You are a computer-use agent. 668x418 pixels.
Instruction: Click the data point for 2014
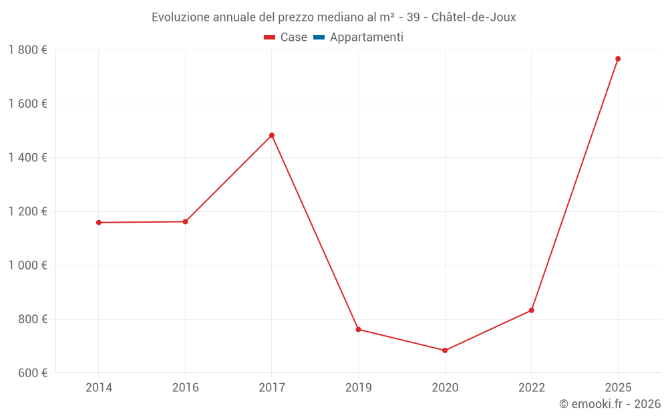[x=99, y=223]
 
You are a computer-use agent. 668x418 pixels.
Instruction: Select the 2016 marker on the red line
[x=185, y=221]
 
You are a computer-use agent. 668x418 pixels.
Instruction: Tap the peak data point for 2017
[x=272, y=135]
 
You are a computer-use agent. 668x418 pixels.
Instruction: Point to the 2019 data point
[x=358, y=329]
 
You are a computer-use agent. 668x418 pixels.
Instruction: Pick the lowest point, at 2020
[x=445, y=350]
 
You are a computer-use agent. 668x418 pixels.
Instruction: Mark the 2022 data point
[x=531, y=310]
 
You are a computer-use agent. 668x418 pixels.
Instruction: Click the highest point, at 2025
[x=618, y=59]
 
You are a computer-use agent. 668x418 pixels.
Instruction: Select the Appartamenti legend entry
[x=366, y=37]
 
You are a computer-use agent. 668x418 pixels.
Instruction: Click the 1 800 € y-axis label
[x=27, y=50]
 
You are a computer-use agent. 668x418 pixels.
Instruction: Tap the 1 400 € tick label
[x=27, y=158]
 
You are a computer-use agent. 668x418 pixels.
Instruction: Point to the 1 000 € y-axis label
[x=27, y=266]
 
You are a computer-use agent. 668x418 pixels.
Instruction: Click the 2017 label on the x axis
[x=272, y=388]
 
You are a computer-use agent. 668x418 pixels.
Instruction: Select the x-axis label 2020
[x=445, y=388]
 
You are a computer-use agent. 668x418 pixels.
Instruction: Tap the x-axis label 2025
[x=618, y=388]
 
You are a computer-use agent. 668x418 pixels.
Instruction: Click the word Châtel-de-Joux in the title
[x=474, y=17]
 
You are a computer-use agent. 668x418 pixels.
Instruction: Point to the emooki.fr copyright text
[x=610, y=404]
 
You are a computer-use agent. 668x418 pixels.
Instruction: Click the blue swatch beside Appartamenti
[x=319, y=37]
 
